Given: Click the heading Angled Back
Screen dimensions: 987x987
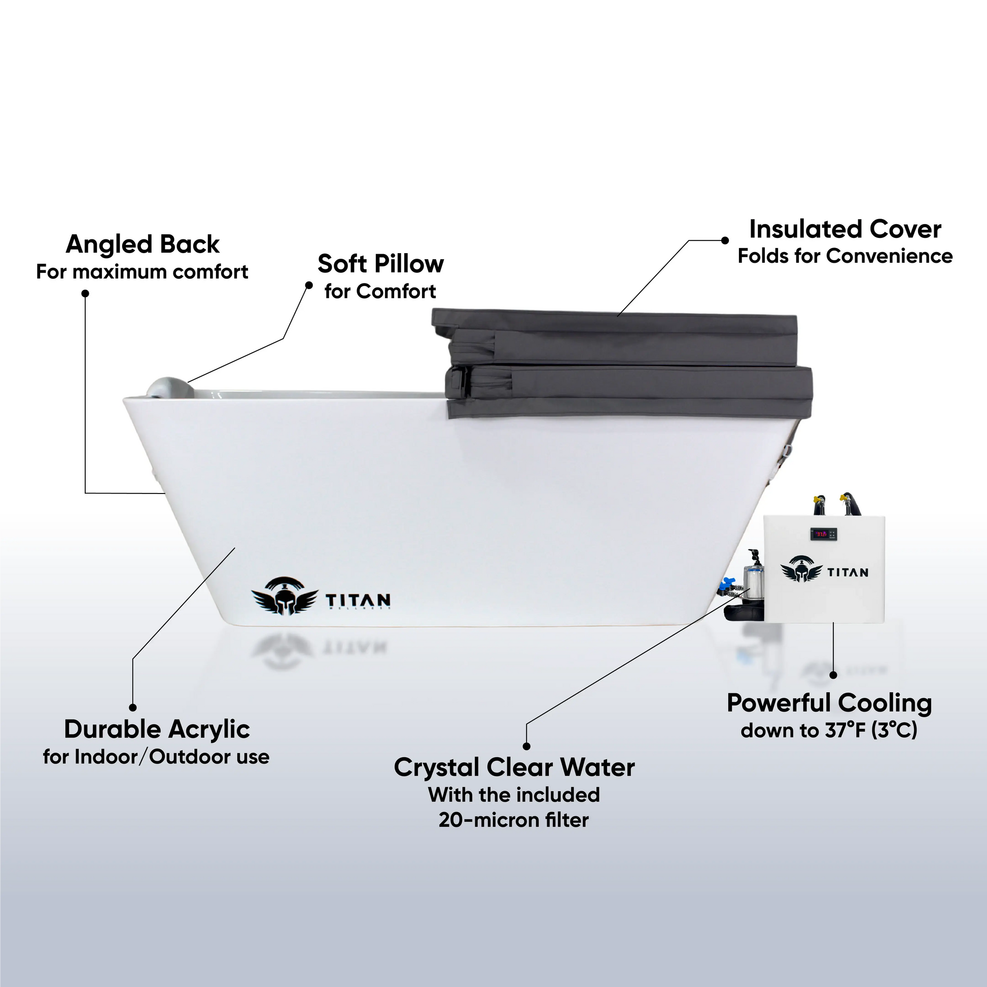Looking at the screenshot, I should click(143, 244).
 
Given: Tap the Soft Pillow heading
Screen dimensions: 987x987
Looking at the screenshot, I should click(380, 264).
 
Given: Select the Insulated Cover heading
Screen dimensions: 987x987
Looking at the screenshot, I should click(845, 229).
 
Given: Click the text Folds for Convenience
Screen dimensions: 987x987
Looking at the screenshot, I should click(845, 256).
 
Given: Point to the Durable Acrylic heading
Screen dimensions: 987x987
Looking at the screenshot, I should click(157, 729).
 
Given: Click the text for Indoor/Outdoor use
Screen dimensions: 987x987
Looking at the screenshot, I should click(156, 757).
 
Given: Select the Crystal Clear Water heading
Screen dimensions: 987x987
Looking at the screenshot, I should click(514, 767).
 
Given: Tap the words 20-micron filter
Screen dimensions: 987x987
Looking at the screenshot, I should click(513, 820).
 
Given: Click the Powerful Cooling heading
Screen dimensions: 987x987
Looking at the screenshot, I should click(829, 703).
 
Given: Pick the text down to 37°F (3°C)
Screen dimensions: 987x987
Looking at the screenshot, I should click(829, 730).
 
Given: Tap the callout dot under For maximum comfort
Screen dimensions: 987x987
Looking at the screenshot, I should click(85, 293).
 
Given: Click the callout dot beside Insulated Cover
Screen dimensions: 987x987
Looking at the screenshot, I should click(724, 240).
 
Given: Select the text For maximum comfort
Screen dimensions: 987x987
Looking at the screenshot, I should click(142, 272).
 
